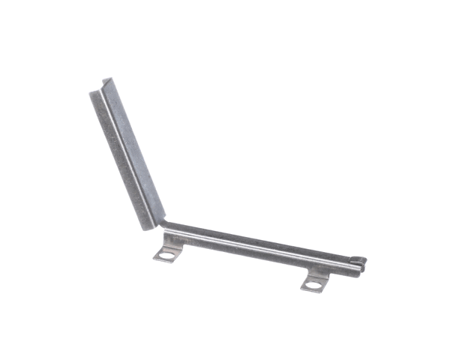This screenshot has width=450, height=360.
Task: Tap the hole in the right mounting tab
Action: pos(315,284)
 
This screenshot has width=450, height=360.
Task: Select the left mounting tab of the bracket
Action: pos(166,253)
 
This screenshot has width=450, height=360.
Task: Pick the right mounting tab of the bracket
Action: pos(315,283)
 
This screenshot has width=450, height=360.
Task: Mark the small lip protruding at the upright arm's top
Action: pos(107,79)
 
